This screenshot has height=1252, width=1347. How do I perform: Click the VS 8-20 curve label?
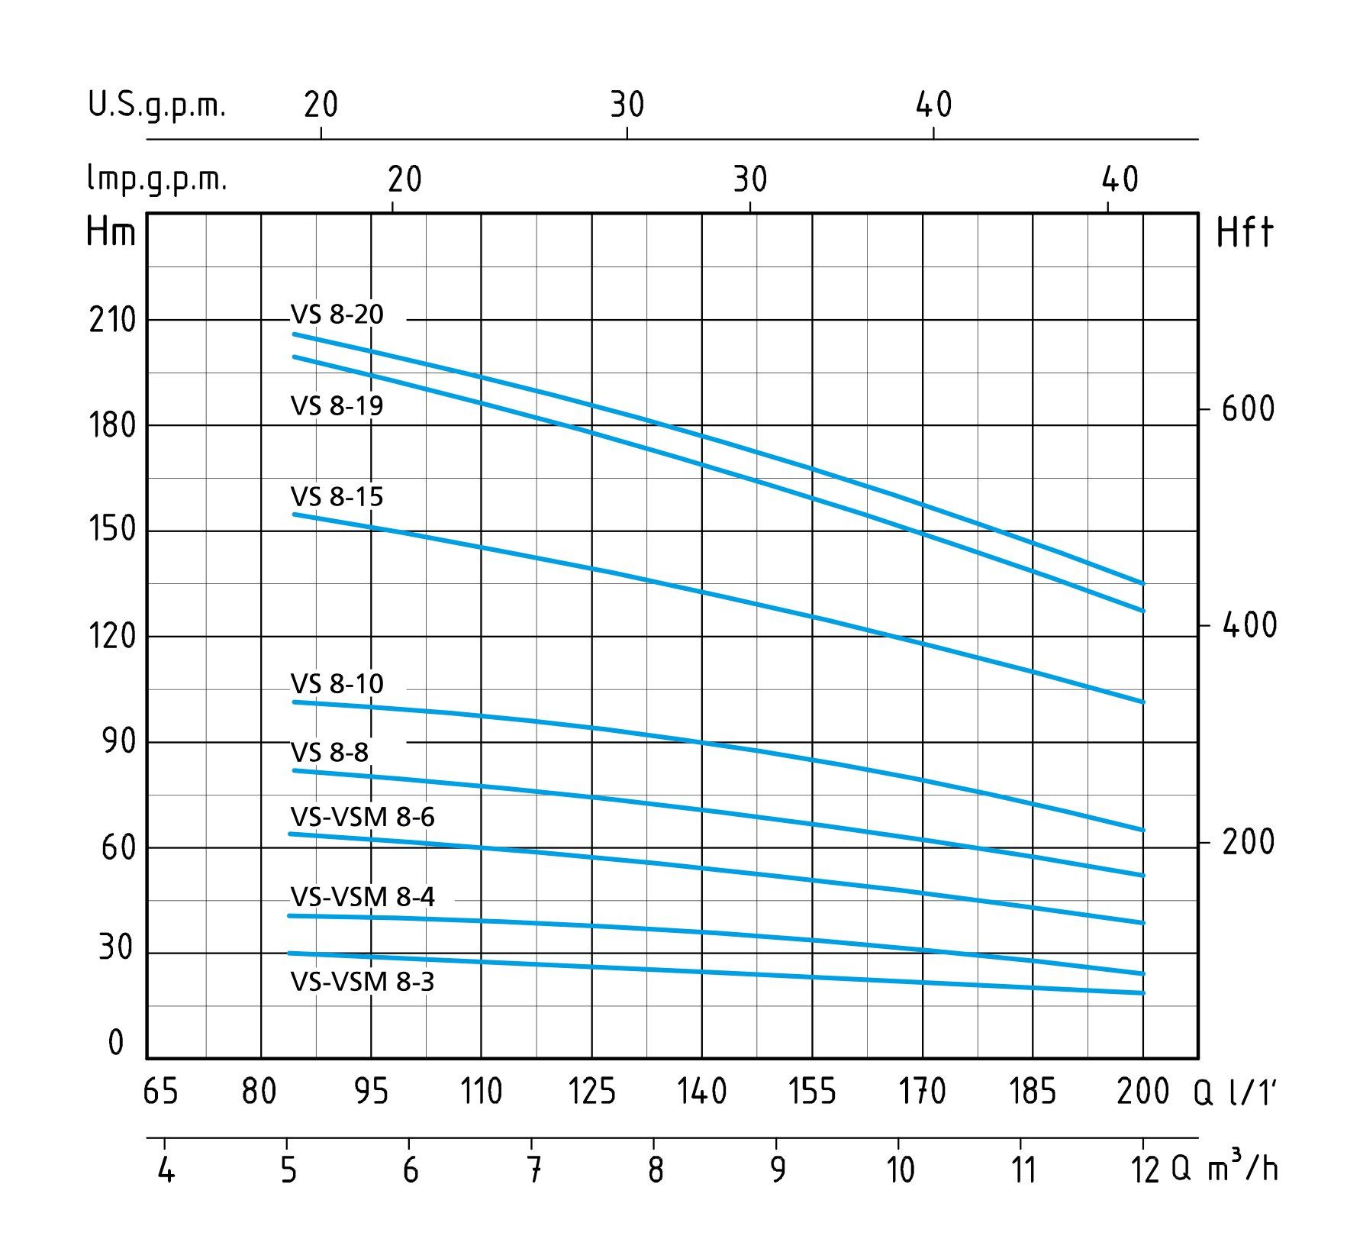[337, 315]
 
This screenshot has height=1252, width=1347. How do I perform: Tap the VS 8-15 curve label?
[337, 497]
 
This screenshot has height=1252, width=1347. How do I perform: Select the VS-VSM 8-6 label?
[363, 818]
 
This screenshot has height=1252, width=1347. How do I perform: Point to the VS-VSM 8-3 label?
[363, 981]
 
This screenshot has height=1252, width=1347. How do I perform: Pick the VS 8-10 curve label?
[337, 684]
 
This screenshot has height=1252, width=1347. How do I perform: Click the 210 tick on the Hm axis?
[112, 321]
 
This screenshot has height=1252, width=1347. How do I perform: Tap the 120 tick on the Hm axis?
[112, 636]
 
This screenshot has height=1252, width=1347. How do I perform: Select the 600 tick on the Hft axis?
[1247, 410]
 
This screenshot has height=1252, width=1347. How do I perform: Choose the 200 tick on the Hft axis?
[1247, 843]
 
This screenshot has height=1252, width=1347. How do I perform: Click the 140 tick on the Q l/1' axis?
[702, 1092]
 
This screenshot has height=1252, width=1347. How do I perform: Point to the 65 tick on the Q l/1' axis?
[160, 1092]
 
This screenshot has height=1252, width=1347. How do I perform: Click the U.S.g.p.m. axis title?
[157, 105]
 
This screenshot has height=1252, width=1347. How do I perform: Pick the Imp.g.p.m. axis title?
[157, 180]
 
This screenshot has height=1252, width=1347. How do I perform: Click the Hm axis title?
[111, 232]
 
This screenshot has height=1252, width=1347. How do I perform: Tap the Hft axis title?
[1244, 232]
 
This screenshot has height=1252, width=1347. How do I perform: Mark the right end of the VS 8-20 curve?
[1142, 583]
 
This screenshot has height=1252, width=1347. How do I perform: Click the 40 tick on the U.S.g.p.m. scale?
[934, 105]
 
